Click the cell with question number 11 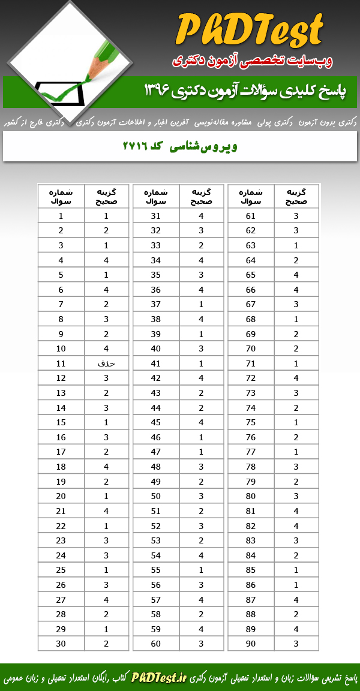61,363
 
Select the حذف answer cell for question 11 106,363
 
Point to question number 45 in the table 155,422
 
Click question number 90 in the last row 250,644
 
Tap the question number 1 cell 61,216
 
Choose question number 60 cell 155,644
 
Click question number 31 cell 155,216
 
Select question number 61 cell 250,216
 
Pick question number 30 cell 61,644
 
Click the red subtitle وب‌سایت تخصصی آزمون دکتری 252,61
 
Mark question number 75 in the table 250,422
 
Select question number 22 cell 61,526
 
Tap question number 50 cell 155,496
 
